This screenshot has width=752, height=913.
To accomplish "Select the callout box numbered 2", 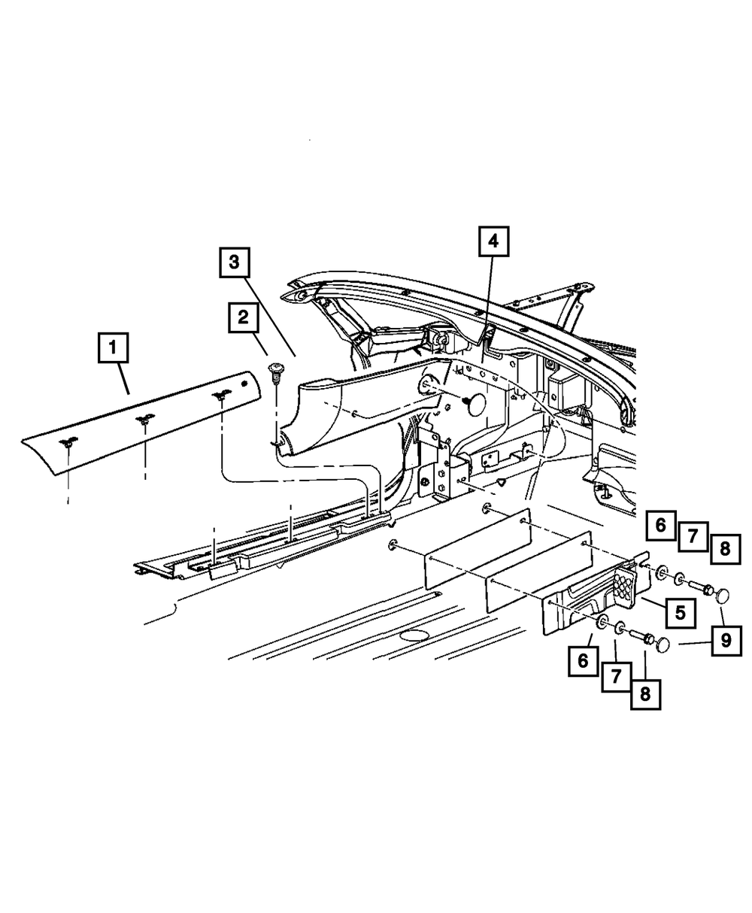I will tap(243, 317).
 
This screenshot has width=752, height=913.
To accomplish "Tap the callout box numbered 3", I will tap(235, 262).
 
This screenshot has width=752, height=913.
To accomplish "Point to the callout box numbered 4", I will tap(493, 242).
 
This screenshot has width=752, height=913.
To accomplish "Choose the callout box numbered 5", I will tap(680, 612).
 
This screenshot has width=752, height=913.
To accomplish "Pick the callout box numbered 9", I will tap(726, 640).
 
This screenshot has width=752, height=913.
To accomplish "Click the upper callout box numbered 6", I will tap(660, 524).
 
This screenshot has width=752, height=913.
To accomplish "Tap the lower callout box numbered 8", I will tap(645, 693).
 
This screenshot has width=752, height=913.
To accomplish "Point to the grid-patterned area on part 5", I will tap(626, 582).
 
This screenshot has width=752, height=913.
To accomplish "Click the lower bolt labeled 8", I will tap(641, 635).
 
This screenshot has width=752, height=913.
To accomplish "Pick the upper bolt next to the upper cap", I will tap(695, 584).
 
